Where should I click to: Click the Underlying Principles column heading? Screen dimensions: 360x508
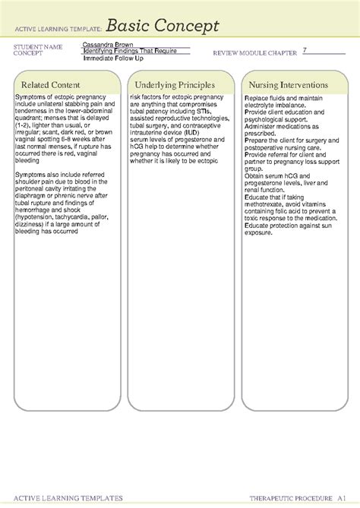172,84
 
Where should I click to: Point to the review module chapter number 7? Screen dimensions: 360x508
304,50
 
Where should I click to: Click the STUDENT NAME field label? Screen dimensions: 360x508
37,47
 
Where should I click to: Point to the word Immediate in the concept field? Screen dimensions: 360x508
99,58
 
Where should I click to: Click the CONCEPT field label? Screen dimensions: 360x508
28,53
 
